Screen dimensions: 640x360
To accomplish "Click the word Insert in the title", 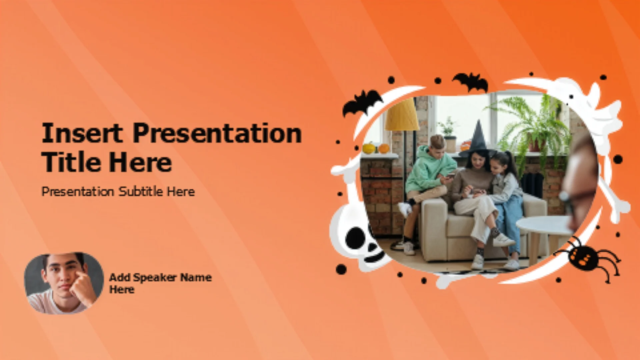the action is pos(82,133).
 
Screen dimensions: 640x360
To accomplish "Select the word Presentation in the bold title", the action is pos(217,133).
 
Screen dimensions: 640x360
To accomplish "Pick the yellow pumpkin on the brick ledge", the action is pos(369,148).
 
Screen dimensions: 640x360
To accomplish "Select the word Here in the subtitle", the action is pos(181,191).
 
